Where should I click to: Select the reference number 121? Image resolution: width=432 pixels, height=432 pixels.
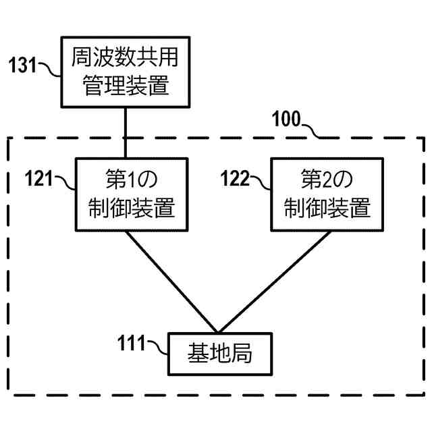pyautogui.click(x=40, y=179)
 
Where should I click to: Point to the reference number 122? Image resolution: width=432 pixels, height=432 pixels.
pyautogui.click(x=236, y=179)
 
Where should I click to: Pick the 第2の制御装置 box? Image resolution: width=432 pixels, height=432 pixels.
pyautogui.click(x=321, y=194)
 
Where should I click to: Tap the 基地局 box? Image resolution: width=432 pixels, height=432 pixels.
pyautogui.click(x=219, y=354)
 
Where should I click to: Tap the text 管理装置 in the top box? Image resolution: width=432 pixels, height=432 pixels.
pyautogui.click(x=125, y=86)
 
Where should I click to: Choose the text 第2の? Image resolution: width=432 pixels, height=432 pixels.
pyautogui.click(x=321, y=180)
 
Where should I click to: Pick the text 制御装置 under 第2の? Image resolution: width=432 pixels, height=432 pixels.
pyautogui.click(x=321, y=208)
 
